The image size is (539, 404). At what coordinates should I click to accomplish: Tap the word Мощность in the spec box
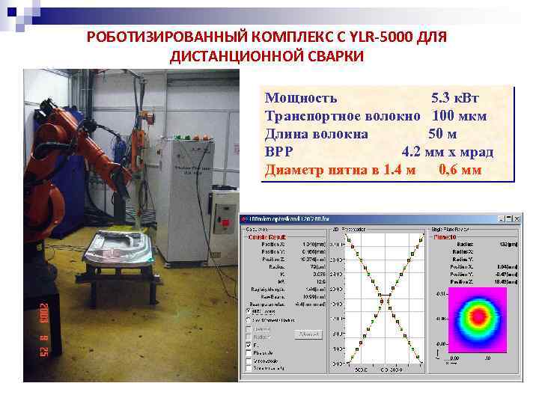coord(301,97)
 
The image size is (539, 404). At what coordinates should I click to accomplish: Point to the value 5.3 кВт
coord(455,97)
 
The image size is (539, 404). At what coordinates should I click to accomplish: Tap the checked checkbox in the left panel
coord(248,346)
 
